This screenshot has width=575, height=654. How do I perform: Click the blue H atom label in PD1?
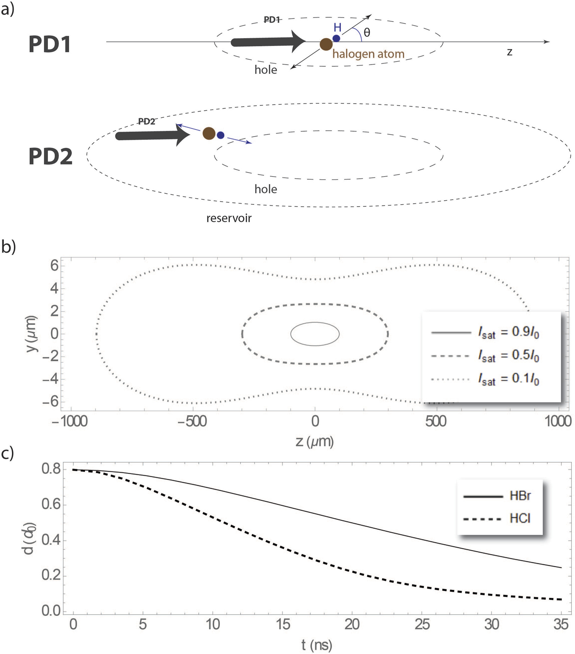point(337,27)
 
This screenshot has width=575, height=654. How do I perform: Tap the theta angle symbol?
point(367,33)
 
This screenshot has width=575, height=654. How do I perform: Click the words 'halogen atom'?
point(368,54)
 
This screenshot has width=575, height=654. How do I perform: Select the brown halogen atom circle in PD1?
point(326,45)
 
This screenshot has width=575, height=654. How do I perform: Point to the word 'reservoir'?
point(229,218)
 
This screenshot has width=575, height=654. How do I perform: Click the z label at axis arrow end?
point(509,52)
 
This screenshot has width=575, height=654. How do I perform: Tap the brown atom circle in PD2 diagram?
point(209,133)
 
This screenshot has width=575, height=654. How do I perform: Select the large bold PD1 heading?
point(49,45)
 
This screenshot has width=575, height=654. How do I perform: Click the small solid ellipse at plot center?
point(315,334)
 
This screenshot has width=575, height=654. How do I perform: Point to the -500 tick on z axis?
point(192,421)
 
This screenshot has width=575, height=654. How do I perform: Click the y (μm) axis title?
point(32,334)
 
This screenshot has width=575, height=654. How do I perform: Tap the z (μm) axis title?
point(314,442)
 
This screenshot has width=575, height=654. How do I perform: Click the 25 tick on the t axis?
point(422,624)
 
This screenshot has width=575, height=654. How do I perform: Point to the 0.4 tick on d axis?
point(51,540)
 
